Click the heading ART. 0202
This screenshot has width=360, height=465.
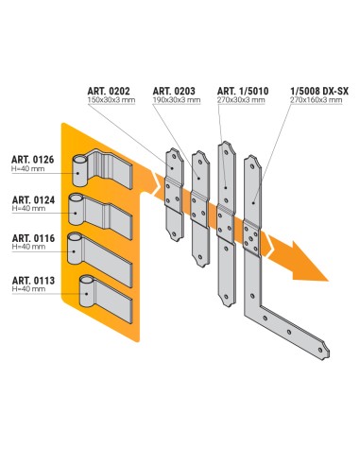pos(111,90)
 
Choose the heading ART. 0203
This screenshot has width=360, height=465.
pos(172,90)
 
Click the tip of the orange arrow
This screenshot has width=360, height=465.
pos(325,280)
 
